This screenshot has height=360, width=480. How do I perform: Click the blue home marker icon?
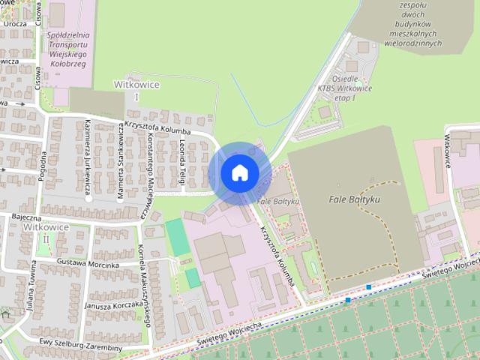click(240, 172)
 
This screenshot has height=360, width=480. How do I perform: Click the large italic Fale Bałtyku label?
click(355, 200)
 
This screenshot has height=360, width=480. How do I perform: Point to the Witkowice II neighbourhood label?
click(46, 232)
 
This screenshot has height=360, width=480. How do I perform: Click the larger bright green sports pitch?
click(177, 237)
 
